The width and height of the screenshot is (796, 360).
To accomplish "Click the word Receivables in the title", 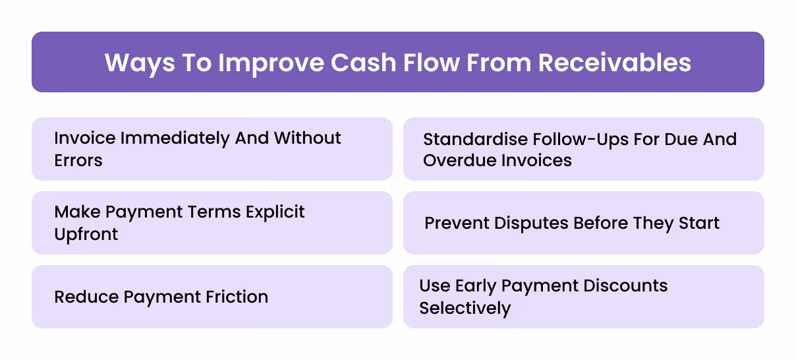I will click(615, 62).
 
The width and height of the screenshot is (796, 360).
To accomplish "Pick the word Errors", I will click(78, 160).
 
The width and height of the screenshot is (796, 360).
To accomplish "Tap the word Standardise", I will click(475, 139).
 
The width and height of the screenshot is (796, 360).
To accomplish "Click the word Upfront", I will click(86, 234).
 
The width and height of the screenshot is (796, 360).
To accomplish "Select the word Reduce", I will click(85, 297).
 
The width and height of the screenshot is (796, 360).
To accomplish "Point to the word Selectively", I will click(465, 308).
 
